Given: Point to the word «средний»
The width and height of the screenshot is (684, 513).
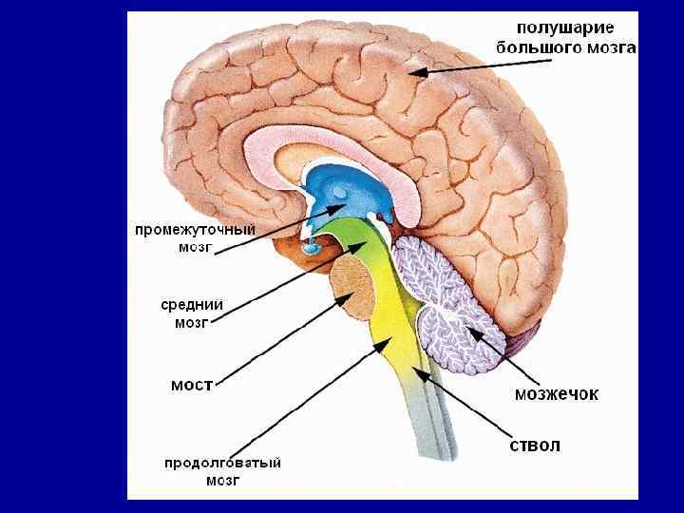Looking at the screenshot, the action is coord(192,304).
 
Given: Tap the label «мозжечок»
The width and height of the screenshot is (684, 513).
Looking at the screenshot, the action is coord(556,393).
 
